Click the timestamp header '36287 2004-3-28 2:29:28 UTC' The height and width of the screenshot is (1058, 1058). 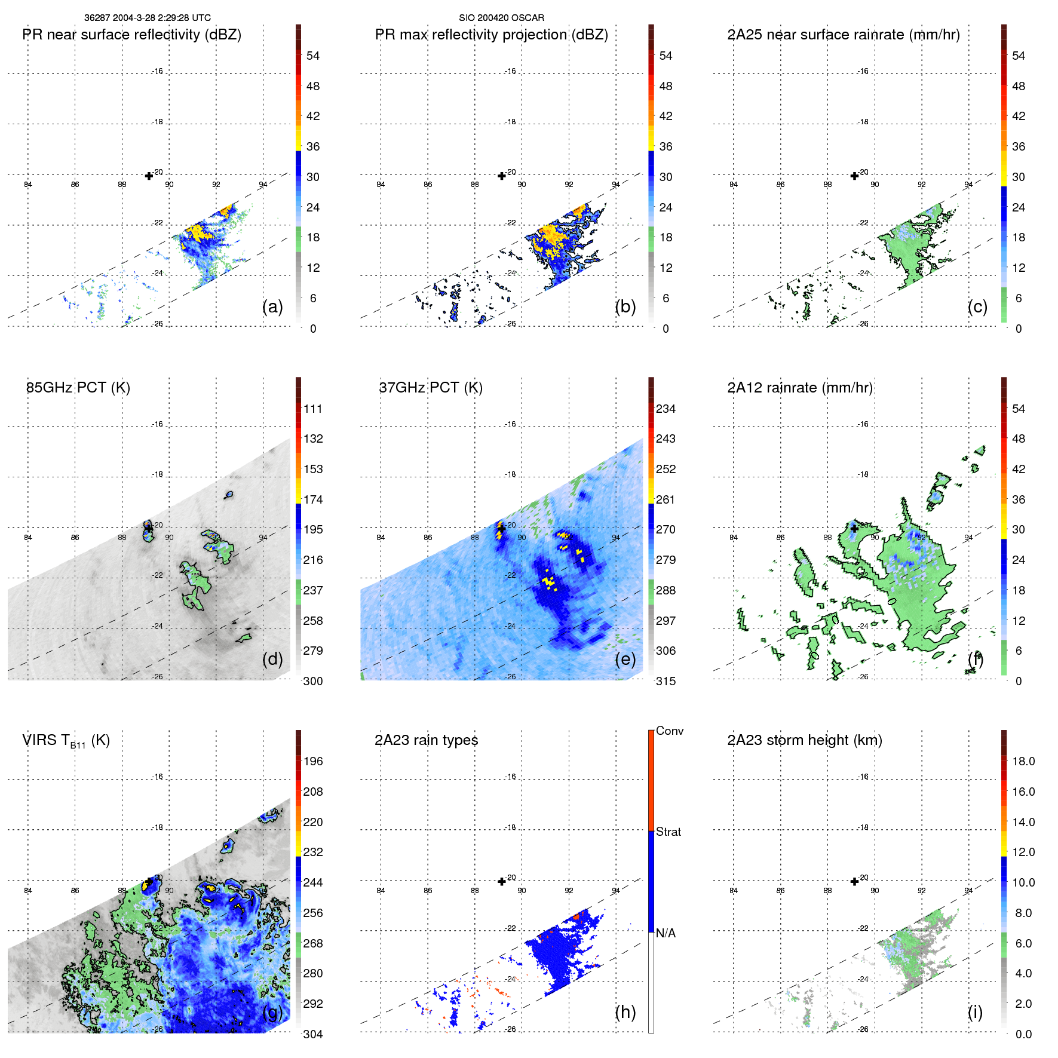point(147,18)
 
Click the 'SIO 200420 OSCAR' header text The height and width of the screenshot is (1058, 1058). point(501,18)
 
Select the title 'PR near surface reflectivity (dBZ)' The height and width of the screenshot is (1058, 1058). point(131,35)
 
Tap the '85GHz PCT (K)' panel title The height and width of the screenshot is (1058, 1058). point(78,387)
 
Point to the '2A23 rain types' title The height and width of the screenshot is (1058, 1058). point(426,740)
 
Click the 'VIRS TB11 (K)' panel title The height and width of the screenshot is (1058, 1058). point(66,741)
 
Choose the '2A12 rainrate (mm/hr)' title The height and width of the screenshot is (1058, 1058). point(800,387)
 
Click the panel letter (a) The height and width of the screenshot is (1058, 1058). point(272,306)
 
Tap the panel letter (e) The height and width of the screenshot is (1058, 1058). point(625,659)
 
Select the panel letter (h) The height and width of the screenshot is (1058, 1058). point(625,1012)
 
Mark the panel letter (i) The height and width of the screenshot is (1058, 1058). point(975,1012)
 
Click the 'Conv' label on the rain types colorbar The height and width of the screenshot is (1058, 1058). point(669,731)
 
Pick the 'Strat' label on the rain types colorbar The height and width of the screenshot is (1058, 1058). point(668,832)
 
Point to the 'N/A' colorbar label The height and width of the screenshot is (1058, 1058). point(666,933)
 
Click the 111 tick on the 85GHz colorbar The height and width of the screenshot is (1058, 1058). point(313,409)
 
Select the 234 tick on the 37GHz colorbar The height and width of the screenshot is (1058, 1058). point(666,409)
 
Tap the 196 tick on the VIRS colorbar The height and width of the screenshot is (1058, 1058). point(313,761)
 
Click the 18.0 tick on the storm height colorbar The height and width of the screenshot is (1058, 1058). point(1023,761)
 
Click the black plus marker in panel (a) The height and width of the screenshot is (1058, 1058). point(149,176)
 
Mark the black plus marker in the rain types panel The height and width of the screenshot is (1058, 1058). point(502,881)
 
